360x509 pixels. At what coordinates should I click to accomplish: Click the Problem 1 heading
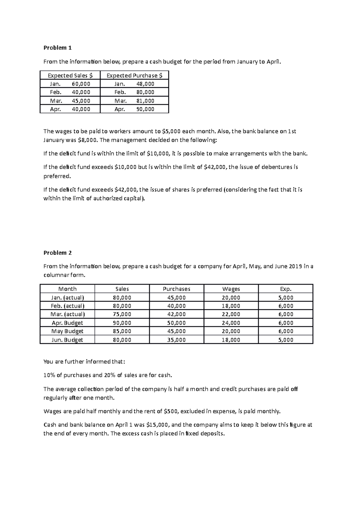pos(58,48)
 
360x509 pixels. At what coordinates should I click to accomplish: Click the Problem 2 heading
pos(58,253)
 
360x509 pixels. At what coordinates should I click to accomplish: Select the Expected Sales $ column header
pos(70,76)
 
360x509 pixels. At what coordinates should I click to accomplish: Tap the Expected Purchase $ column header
pos(134,76)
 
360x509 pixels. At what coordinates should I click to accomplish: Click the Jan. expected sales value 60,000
pos(81,84)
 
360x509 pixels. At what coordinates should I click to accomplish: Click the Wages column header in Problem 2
pos(231,289)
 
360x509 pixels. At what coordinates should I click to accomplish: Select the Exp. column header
pos(286,289)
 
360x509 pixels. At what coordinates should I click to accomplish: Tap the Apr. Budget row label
pos(67,323)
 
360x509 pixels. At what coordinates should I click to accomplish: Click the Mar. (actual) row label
pos(67,314)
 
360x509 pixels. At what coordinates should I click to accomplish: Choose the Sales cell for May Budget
pos(122,331)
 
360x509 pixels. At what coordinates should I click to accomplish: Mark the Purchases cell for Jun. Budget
pos(176,340)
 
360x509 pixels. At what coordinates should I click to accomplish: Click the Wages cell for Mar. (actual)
pos(231,314)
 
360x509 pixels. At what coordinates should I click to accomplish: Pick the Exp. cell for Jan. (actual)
pos(286,298)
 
